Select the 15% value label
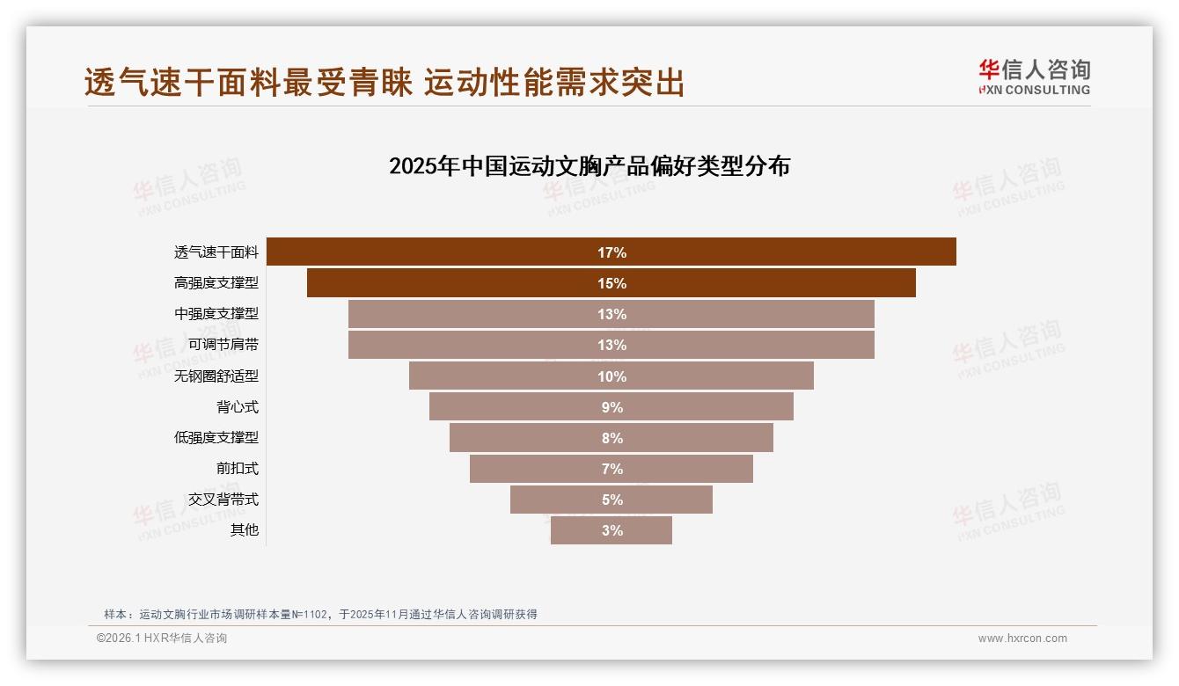[x=611, y=283]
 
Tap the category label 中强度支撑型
[x=216, y=314]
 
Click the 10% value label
[x=611, y=376]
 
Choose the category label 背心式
[x=238, y=407]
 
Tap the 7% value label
[x=611, y=469]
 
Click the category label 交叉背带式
[x=223, y=500]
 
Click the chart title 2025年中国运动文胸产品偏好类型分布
[x=589, y=166]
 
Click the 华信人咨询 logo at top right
[x=1034, y=77]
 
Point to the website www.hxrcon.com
[x=1022, y=639]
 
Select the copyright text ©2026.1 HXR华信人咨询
[x=162, y=639]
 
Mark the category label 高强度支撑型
[x=216, y=283]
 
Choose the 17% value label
[x=611, y=252]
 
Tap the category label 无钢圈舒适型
[x=216, y=376]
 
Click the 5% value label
[x=611, y=500]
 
